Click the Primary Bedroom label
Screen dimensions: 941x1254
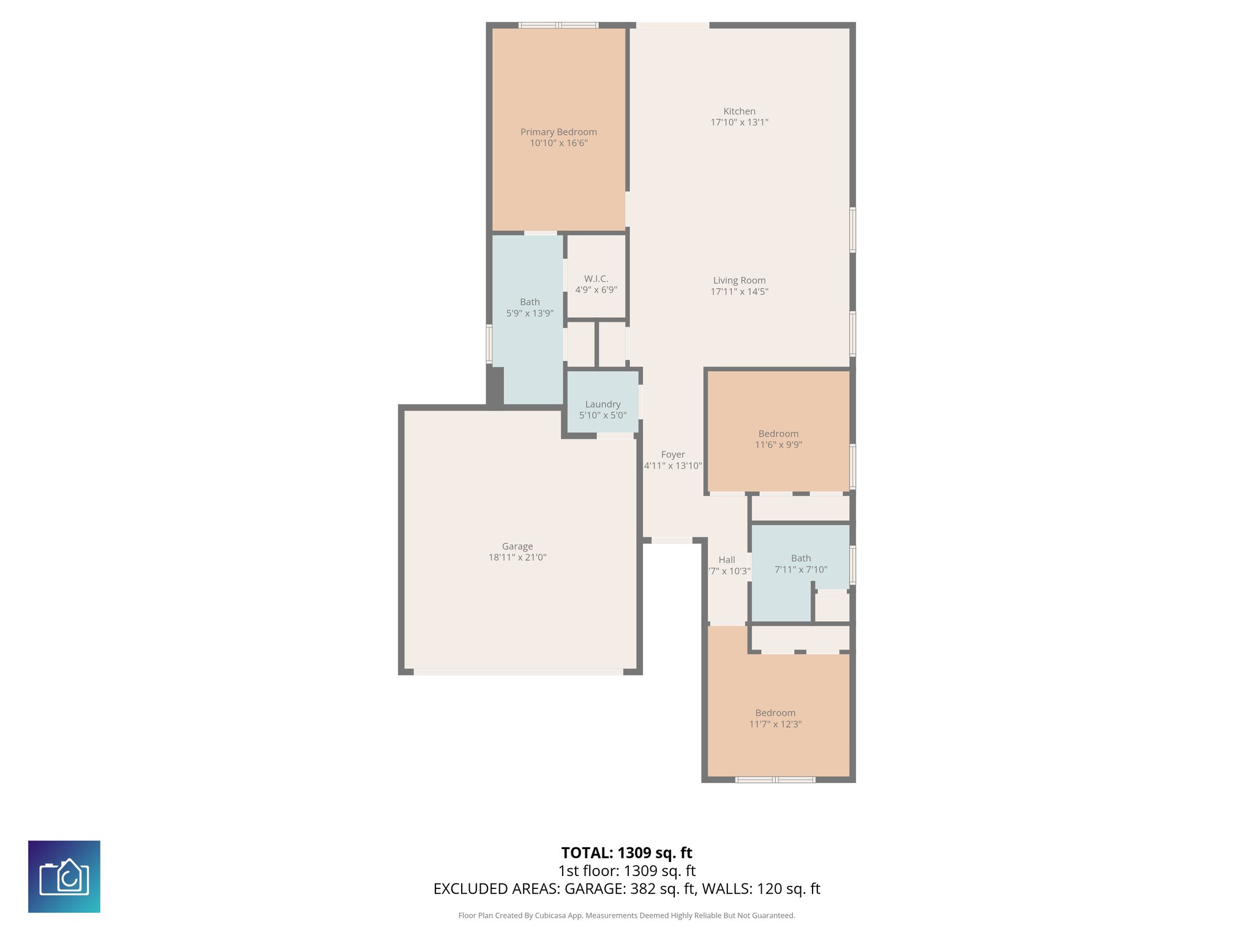click(x=558, y=132)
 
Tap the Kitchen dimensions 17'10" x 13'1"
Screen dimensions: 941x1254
click(x=739, y=123)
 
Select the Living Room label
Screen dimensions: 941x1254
click(x=739, y=281)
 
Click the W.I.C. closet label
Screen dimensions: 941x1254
click(x=596, y=279)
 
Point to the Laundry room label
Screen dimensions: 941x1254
click(x=603, y=404)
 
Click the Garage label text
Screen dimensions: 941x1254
click(x=517, y=546)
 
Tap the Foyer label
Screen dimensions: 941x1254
click(x=673, y=455)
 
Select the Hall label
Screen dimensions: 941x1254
click(x=727, y=560)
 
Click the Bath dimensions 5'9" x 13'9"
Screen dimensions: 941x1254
click(x=530, y=313)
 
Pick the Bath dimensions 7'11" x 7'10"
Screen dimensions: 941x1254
click(x=801, y=570)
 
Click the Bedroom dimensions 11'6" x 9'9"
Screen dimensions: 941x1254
click(x=778, y=445)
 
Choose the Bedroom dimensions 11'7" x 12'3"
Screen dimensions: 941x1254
click(x=775, y=724)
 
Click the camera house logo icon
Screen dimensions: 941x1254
click(x=64, y=877)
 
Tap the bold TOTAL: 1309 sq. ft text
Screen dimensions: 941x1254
click(x=626, y=853)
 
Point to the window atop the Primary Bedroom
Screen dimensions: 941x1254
click(x=558, y=25)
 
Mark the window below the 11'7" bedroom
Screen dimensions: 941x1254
click(x=775, y=780)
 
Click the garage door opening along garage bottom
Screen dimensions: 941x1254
click(x=518, y=672)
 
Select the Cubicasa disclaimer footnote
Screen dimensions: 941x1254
click(x=626, y=916)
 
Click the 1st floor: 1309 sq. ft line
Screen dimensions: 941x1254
click(x=626, y=871)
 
